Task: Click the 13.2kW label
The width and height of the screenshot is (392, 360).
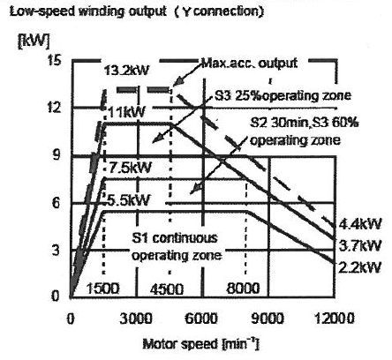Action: pos(126,71)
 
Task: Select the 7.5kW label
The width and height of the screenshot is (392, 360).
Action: pos(130,168)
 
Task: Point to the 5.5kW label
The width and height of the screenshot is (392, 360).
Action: pos(128,200)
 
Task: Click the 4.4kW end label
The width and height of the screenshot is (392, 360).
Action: pos(360,224)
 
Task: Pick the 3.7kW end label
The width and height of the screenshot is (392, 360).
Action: pos(360,245)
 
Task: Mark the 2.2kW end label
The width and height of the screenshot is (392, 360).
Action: pos(360,267)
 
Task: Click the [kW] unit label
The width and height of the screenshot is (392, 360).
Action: pos(34,41)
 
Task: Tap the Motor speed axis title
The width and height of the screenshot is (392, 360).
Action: pos(201,344)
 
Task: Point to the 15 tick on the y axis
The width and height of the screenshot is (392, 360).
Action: pos(55,61)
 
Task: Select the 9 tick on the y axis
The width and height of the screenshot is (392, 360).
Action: pos(57,155)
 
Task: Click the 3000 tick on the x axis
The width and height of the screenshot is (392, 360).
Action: pos(136,319)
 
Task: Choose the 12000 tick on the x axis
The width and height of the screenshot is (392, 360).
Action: pos(335,319)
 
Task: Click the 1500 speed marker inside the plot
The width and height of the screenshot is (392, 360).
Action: pos(102,289)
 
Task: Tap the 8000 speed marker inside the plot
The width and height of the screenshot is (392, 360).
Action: pos(244,289)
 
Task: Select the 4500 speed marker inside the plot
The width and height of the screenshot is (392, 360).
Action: pos(167,289)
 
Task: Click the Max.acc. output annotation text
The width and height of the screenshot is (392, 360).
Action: pos(249,64)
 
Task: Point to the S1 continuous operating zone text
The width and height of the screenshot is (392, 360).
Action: pos(176,246)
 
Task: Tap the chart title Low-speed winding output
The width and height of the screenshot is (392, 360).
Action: pos(87,11)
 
